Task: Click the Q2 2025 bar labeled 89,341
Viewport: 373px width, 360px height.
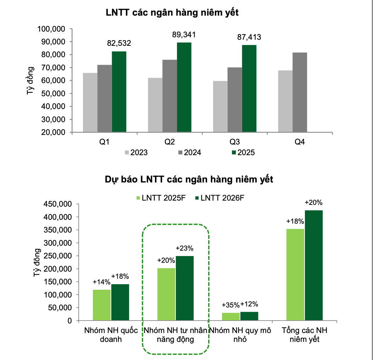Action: [184, 87]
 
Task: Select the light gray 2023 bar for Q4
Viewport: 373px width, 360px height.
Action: [285, 101]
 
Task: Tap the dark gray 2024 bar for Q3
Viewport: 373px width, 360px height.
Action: [235, 100]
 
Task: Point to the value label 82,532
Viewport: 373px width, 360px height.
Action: [119, 43]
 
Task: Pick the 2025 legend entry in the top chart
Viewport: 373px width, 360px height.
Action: [243, 153]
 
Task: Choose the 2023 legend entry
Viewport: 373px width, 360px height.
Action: [136, 153]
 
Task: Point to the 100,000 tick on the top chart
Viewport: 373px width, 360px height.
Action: [51, 29]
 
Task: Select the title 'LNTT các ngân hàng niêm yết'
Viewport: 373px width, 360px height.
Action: [172, 13]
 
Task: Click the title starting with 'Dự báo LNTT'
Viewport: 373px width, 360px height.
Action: [189, 180]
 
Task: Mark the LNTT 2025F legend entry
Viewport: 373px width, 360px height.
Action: [160, 198]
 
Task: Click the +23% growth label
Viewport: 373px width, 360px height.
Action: [184, 248]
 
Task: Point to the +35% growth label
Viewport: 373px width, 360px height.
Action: [230, 305]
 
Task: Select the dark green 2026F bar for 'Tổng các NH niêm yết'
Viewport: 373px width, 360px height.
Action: [314, 266]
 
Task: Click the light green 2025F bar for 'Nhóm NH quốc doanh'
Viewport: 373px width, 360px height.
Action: [102, 305]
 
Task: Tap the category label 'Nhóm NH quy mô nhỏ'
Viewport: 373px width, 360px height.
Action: [240, 335]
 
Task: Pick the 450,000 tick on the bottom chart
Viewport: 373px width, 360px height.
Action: [57, 204]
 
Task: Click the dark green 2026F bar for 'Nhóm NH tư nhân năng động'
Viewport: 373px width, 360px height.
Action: [185, 288]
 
